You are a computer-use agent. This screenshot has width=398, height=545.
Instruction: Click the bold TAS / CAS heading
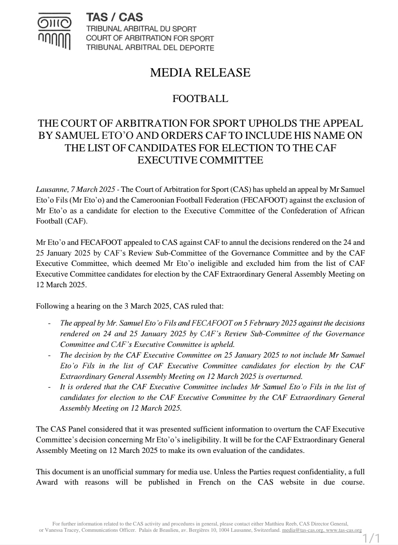(x=114, y=17)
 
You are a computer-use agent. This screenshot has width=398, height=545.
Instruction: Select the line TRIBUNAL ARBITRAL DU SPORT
(x=141, y=29)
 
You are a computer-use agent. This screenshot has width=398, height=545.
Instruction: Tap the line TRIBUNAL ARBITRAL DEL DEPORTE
(x=150, y=48)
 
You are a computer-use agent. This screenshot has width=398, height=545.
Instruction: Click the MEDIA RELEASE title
(x=200, y=73)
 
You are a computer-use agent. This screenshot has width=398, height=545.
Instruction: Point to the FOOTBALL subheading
(x=200, y=99)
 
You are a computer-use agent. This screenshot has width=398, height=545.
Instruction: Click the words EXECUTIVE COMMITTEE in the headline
(x=200, y=160)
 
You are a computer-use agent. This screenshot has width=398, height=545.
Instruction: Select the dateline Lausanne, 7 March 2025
(x=76, y=190)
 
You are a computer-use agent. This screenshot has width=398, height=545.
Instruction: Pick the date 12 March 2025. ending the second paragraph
(x=62, y=285)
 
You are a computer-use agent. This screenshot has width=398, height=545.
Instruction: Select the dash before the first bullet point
(x=49, y=323)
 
